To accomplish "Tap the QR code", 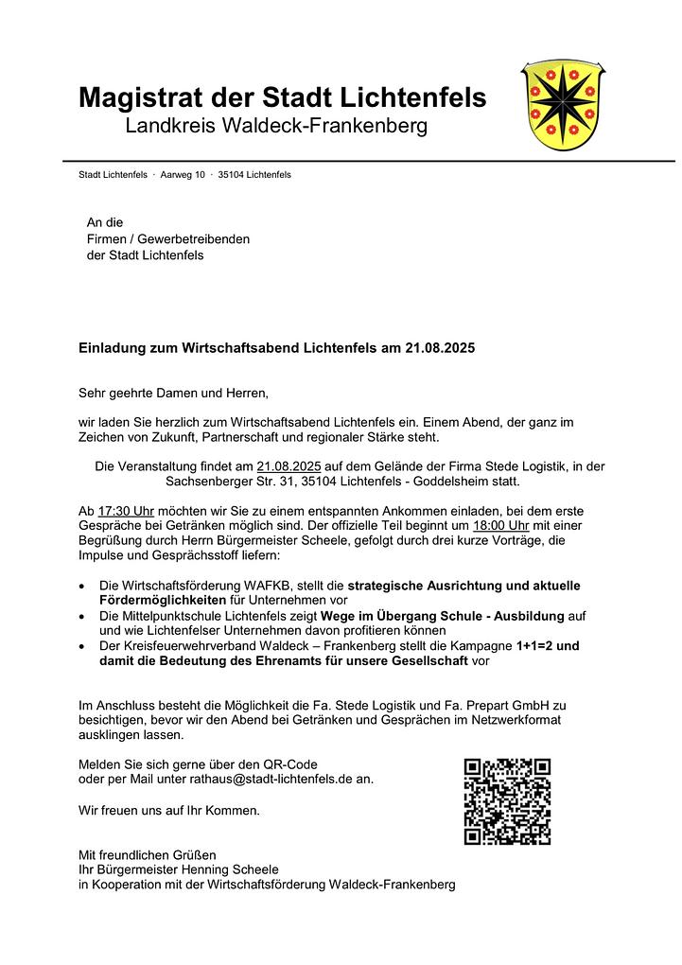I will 507,800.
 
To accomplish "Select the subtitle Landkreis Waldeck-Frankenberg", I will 276,126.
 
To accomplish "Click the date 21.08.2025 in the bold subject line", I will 440,348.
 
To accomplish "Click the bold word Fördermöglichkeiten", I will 163,601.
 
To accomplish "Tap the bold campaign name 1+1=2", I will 535,646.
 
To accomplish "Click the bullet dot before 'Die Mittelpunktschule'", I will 84,617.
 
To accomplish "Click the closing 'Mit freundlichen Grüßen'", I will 147,854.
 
